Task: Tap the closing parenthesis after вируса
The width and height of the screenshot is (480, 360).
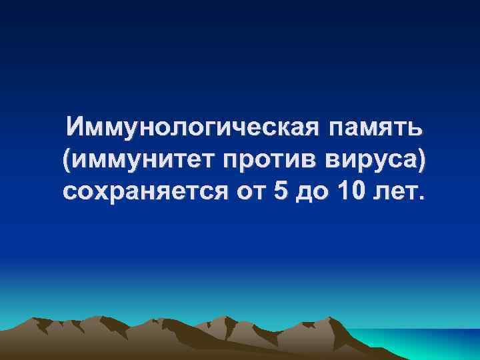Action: (x=421, y=159)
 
